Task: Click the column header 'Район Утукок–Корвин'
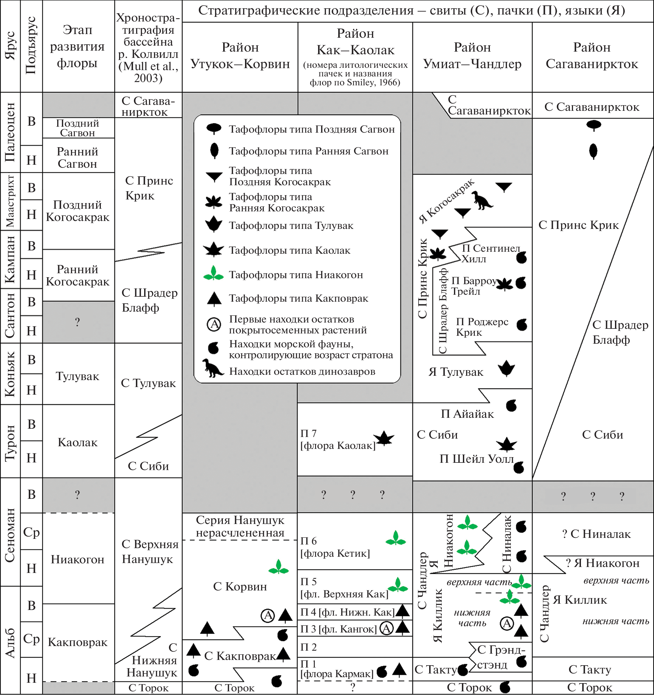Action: click(240, 56)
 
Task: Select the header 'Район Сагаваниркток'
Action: click(592, 56)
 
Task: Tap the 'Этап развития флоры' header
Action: click(78, 47)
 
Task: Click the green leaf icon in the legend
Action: click(214, 273)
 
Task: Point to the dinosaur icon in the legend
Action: click(212, 368)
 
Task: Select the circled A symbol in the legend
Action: click(214, 325)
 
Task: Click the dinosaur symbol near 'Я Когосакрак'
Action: click(482, 201)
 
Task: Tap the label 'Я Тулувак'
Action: click(456, 372)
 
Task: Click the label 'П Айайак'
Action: click(467, 414)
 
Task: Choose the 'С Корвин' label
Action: click(240, 586)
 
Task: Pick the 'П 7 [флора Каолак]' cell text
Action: click(338, 439)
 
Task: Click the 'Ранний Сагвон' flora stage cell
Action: click(78, 157)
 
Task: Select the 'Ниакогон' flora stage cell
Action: click(78, 559)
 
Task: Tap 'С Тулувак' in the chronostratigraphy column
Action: click(148, 383)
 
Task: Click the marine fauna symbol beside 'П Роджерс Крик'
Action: click(522, 325)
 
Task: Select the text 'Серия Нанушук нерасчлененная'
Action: click(240, 526)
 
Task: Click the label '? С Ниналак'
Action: click(596, 534)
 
